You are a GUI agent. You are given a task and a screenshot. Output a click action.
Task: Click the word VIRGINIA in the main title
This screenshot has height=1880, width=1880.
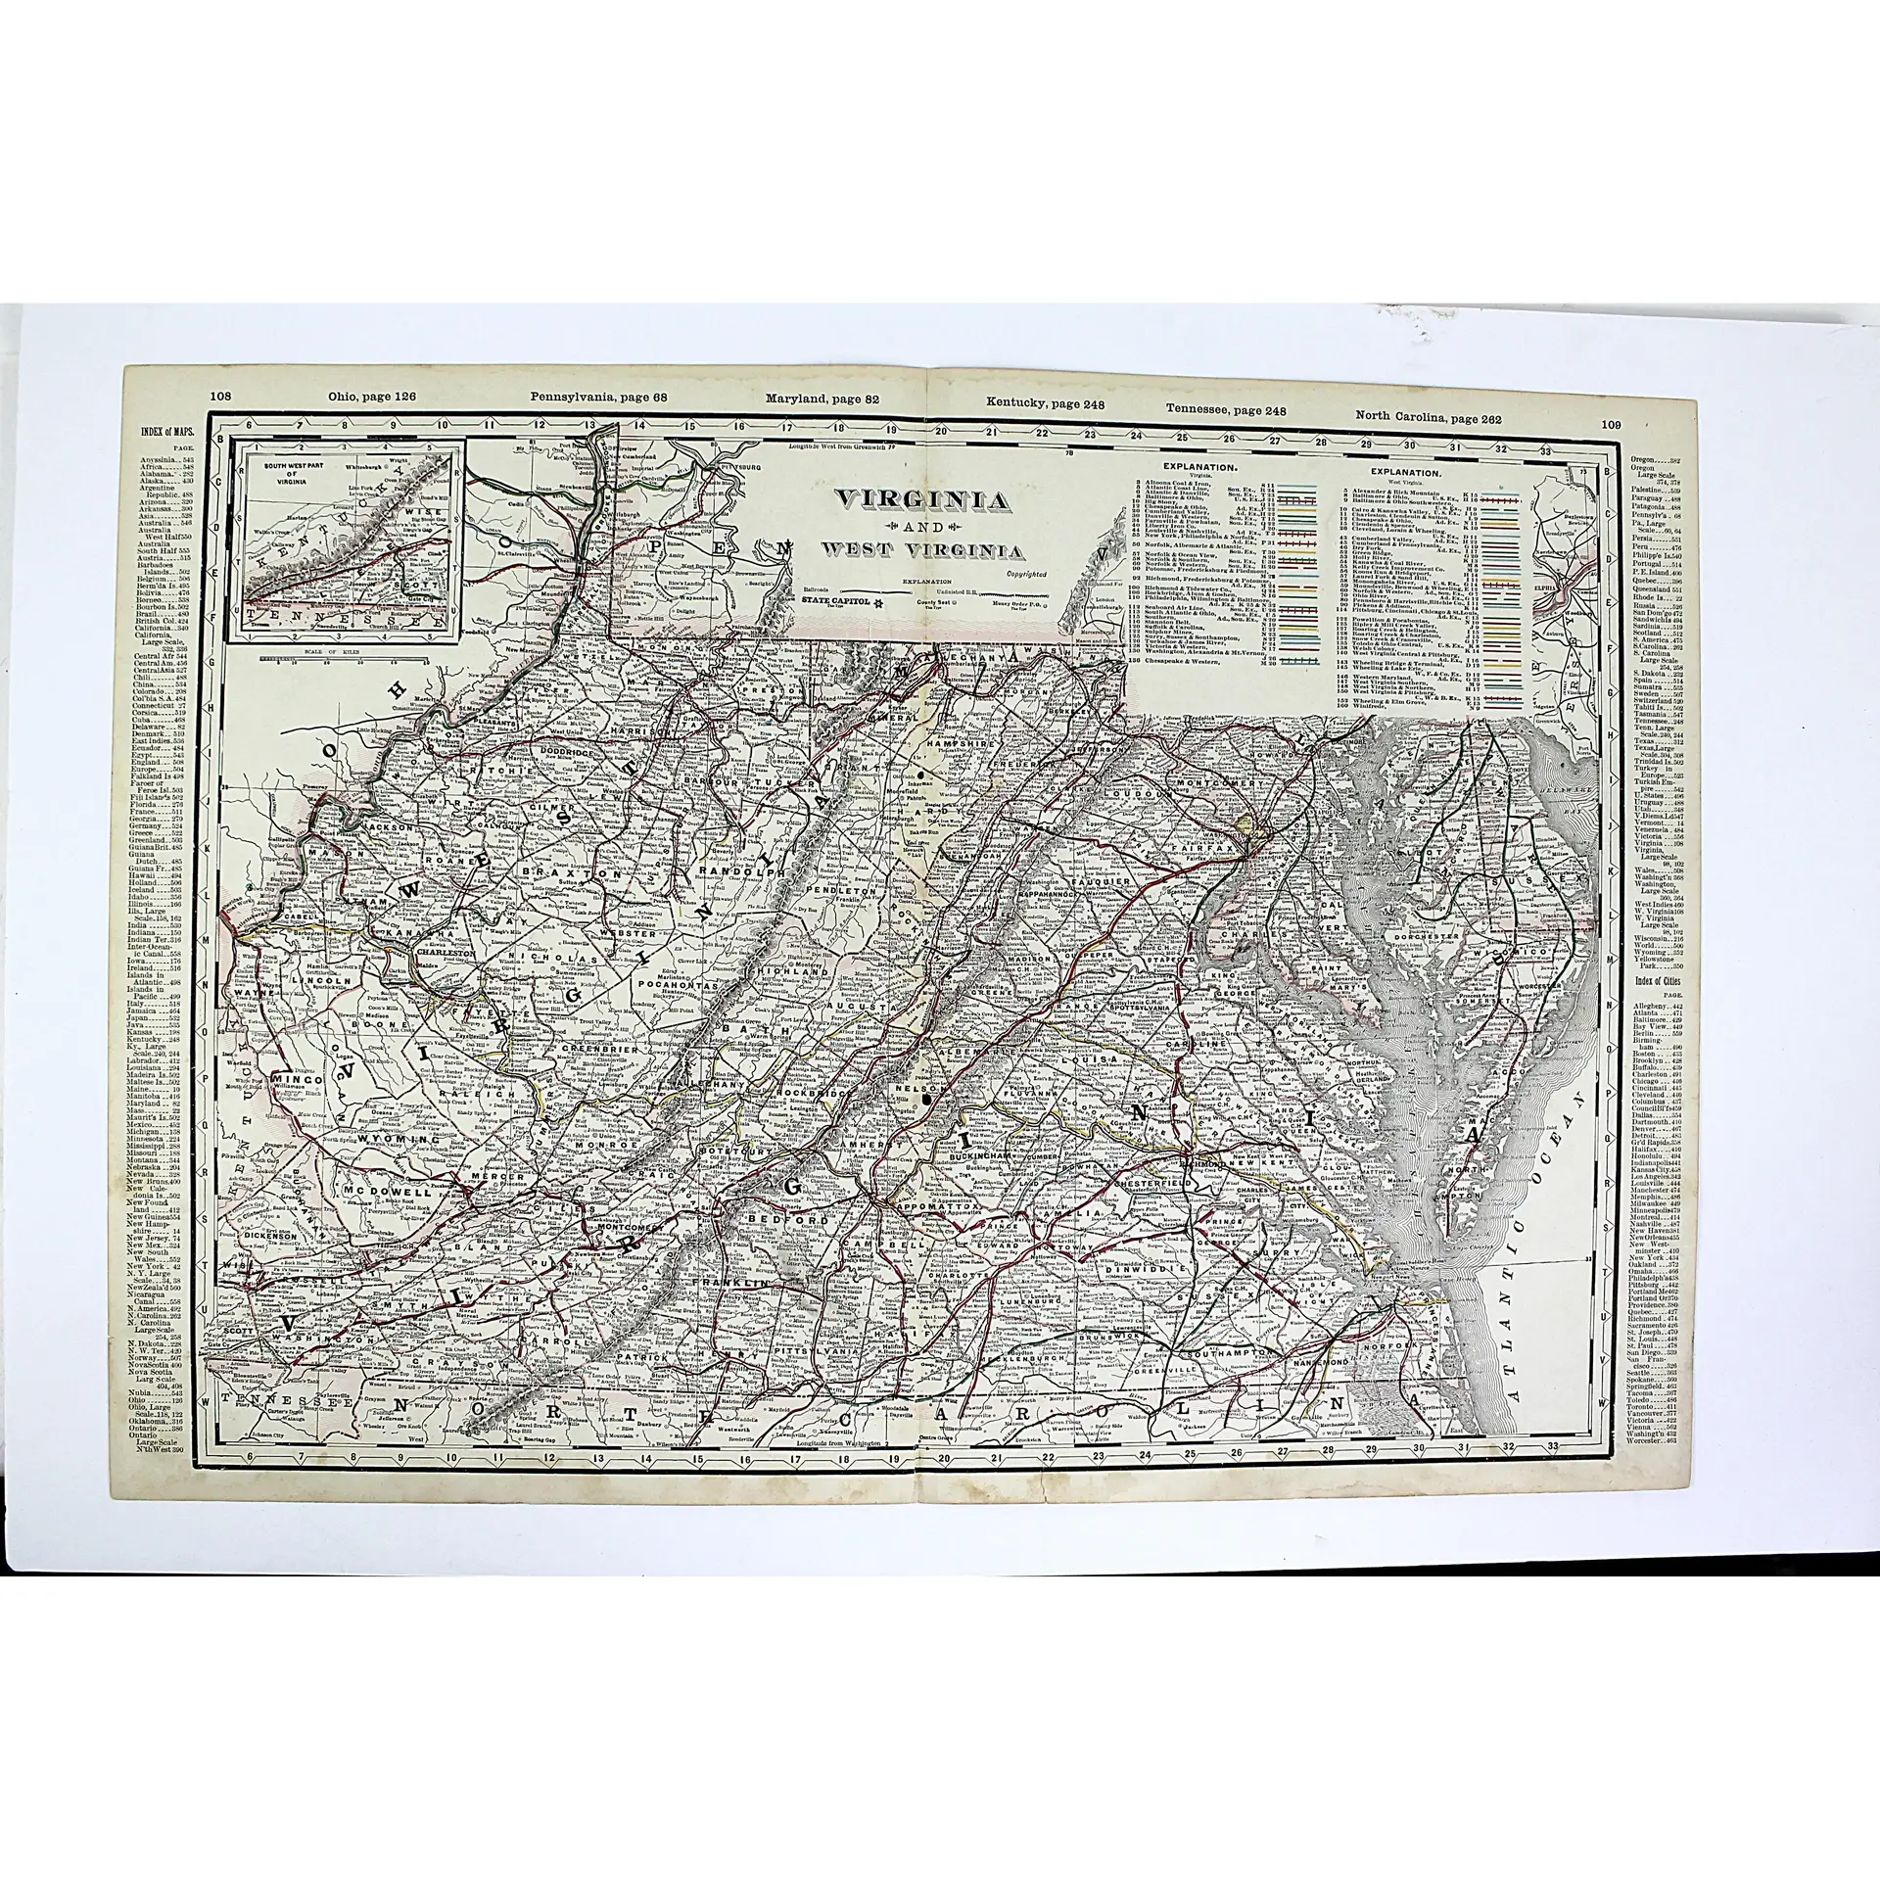point(921,502)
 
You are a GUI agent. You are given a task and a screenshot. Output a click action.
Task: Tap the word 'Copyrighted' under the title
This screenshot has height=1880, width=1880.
point(1025,574)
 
